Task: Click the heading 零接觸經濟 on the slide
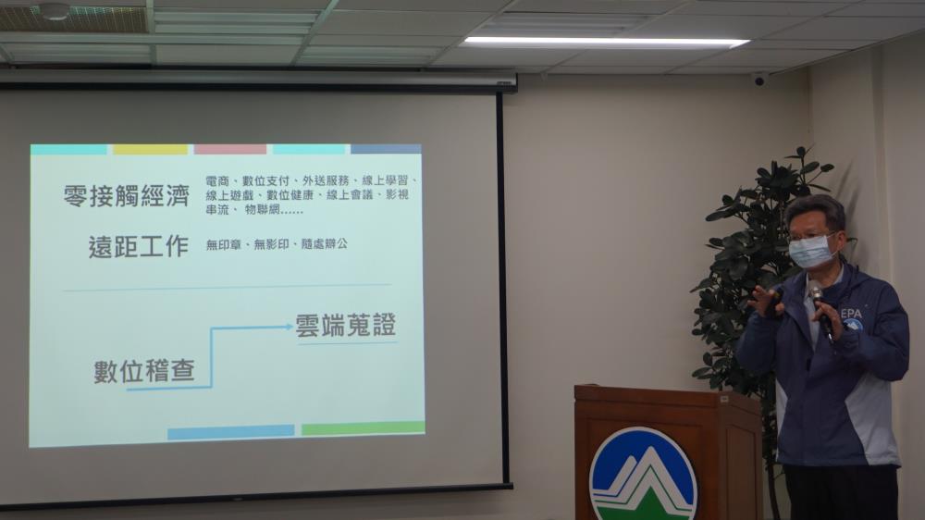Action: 126,196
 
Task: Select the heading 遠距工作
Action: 139,247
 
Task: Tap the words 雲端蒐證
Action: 346,325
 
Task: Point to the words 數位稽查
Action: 144,371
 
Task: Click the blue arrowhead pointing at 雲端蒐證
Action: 288,326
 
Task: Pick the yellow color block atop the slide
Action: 150,150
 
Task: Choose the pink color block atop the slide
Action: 230,149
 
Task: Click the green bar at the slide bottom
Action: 363,427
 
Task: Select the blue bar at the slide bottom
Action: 230,432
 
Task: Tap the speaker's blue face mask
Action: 812,250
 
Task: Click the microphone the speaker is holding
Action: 820,312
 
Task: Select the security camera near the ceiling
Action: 758,79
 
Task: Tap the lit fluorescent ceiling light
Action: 606,42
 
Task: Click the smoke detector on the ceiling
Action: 53,10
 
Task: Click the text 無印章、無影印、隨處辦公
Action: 277,243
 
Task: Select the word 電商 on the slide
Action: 217,180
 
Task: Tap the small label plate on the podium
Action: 724,400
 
